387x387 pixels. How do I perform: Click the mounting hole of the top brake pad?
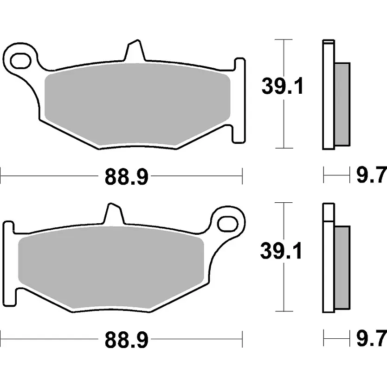(x=20, y=60)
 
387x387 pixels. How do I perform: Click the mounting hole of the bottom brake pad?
(x=228, y=224)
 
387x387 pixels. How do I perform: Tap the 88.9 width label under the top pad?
(x=127, y=176)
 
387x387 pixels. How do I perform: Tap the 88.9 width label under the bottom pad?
(x=127, y=340)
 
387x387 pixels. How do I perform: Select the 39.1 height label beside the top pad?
(x=282, y=86)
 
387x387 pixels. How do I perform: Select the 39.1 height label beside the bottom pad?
(x=281, y=251)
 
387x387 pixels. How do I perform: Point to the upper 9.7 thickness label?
(x=371, y=175)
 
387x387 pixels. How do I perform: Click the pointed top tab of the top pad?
(x=135, y=50)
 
